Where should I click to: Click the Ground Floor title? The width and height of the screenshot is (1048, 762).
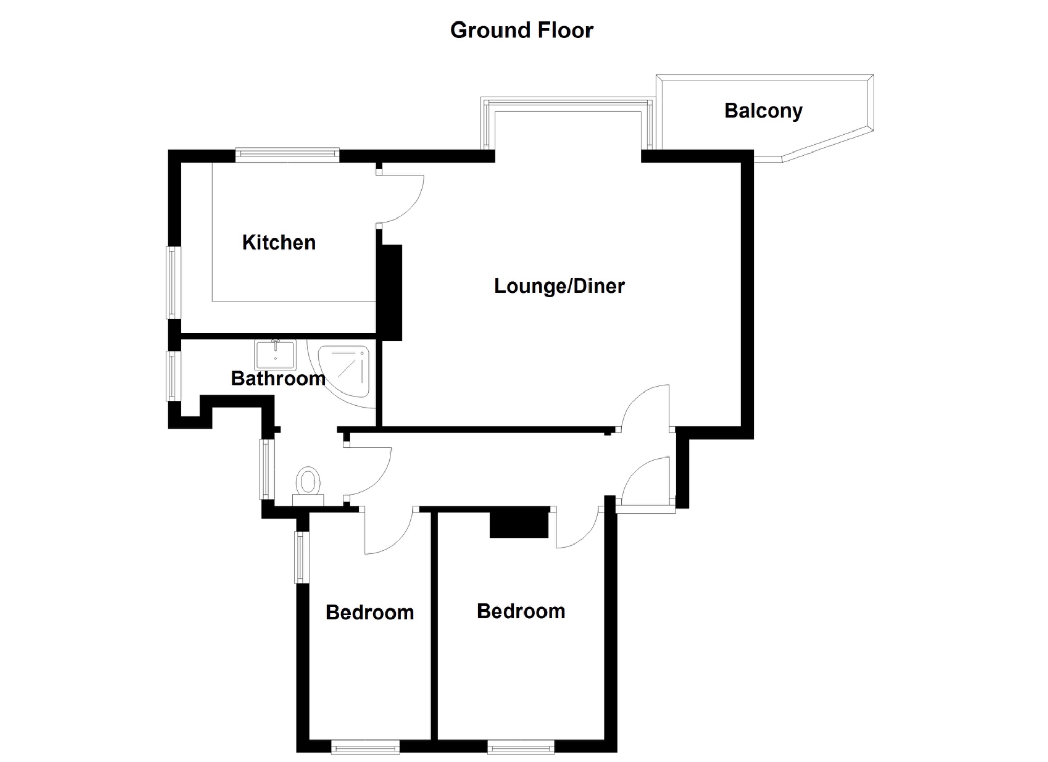[x=521, y=30]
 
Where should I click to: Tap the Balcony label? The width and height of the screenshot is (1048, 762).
[x=763, y=111]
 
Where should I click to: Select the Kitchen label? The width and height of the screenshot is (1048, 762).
[x=279, y=243]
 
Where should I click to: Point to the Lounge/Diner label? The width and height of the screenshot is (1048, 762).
[x=559, y=286]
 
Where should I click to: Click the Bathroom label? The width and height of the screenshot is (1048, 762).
[x=278, y=379]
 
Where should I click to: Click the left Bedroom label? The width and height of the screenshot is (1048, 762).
[x=370, y=613]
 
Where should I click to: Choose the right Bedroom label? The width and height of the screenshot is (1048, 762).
[x=521, y=612]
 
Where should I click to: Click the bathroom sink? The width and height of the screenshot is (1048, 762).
[x=275, y=355]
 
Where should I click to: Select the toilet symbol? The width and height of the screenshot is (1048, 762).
[x=308, y=484]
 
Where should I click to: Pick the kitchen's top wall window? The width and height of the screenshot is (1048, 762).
[x=287, y=155]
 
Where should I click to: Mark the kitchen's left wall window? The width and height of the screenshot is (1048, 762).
[x=173, y=282]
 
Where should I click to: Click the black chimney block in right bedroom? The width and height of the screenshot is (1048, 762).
[x=519, y=522]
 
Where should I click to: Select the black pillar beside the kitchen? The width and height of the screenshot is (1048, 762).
[x=390, y=292]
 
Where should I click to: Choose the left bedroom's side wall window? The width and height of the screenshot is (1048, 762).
[x=301, y=557]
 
